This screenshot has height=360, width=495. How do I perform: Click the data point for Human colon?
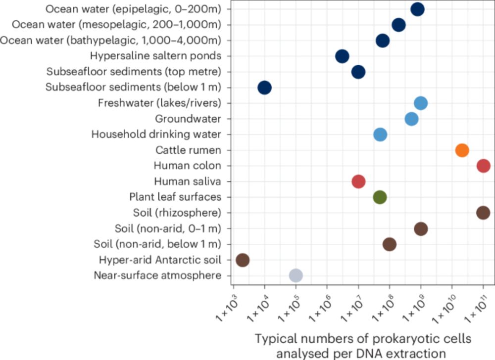(483, 166)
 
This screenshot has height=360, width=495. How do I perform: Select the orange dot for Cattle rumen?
(462, 150)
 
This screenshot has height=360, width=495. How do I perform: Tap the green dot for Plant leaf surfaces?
(380, 197)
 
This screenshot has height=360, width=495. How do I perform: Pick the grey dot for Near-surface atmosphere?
(296, 275)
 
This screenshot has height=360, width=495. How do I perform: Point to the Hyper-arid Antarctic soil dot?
(243, 260)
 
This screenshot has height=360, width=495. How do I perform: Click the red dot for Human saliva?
(358, 181)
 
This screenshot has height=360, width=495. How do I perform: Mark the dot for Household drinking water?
(380, 135)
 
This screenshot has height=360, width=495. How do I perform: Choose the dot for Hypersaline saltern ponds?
(342, 56)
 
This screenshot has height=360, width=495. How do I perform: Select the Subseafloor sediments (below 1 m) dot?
(265, 88)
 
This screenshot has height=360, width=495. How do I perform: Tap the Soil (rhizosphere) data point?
(483, 213)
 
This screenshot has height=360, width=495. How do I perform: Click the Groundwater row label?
(188, 119)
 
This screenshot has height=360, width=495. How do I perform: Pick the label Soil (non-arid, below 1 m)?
(157, 244)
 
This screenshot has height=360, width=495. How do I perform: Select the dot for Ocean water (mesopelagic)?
(398, 25)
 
